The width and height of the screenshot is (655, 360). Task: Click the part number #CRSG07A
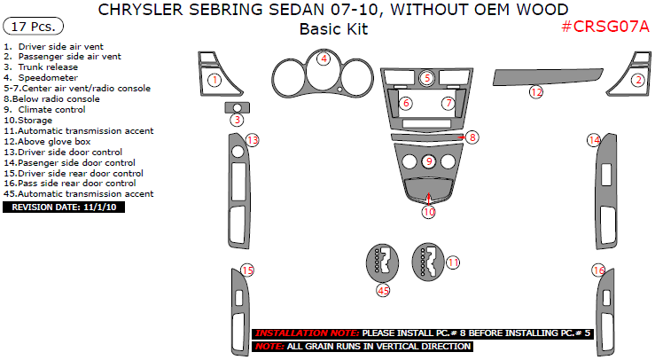(606, 27)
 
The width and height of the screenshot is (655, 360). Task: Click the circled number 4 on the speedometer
(324, 59)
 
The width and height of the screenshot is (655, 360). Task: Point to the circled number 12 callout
(536, 91)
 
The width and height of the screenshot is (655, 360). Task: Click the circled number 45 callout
(383, 290)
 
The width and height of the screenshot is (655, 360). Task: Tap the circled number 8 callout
(472, 137)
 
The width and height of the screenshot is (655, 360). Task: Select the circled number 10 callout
(428, 212)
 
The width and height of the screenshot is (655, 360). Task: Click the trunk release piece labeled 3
(237, 108)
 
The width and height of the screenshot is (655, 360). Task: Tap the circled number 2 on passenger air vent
(636, 80)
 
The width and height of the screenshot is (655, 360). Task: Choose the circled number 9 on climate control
(428, 161)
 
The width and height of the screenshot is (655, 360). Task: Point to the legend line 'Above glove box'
(52, 141)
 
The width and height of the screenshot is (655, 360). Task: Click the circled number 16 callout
(599, 270)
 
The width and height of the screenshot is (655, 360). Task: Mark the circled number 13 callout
(252, 140)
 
